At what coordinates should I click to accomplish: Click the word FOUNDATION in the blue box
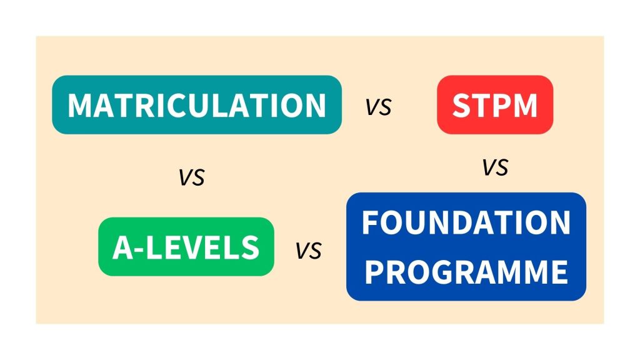(x=466, y=223)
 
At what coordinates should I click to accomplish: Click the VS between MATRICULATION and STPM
(x=379, y=107)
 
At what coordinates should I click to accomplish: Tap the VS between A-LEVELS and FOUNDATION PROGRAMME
(x=308, y=251)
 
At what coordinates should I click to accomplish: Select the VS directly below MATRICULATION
(x=192, y=178)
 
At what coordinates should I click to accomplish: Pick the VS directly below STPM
(x=495, y=167)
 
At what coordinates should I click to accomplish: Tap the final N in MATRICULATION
(x=314, y=106)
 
